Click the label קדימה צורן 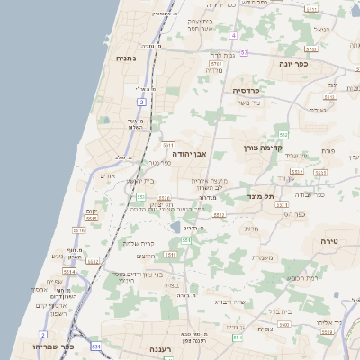(x=262, y=147)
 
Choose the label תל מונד (x=260, y=195)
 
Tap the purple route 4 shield (x=232, y=35)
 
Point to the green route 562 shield (x=283, y=134)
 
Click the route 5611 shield (x=167, y=144)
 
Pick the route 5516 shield (x=78, y=230)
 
